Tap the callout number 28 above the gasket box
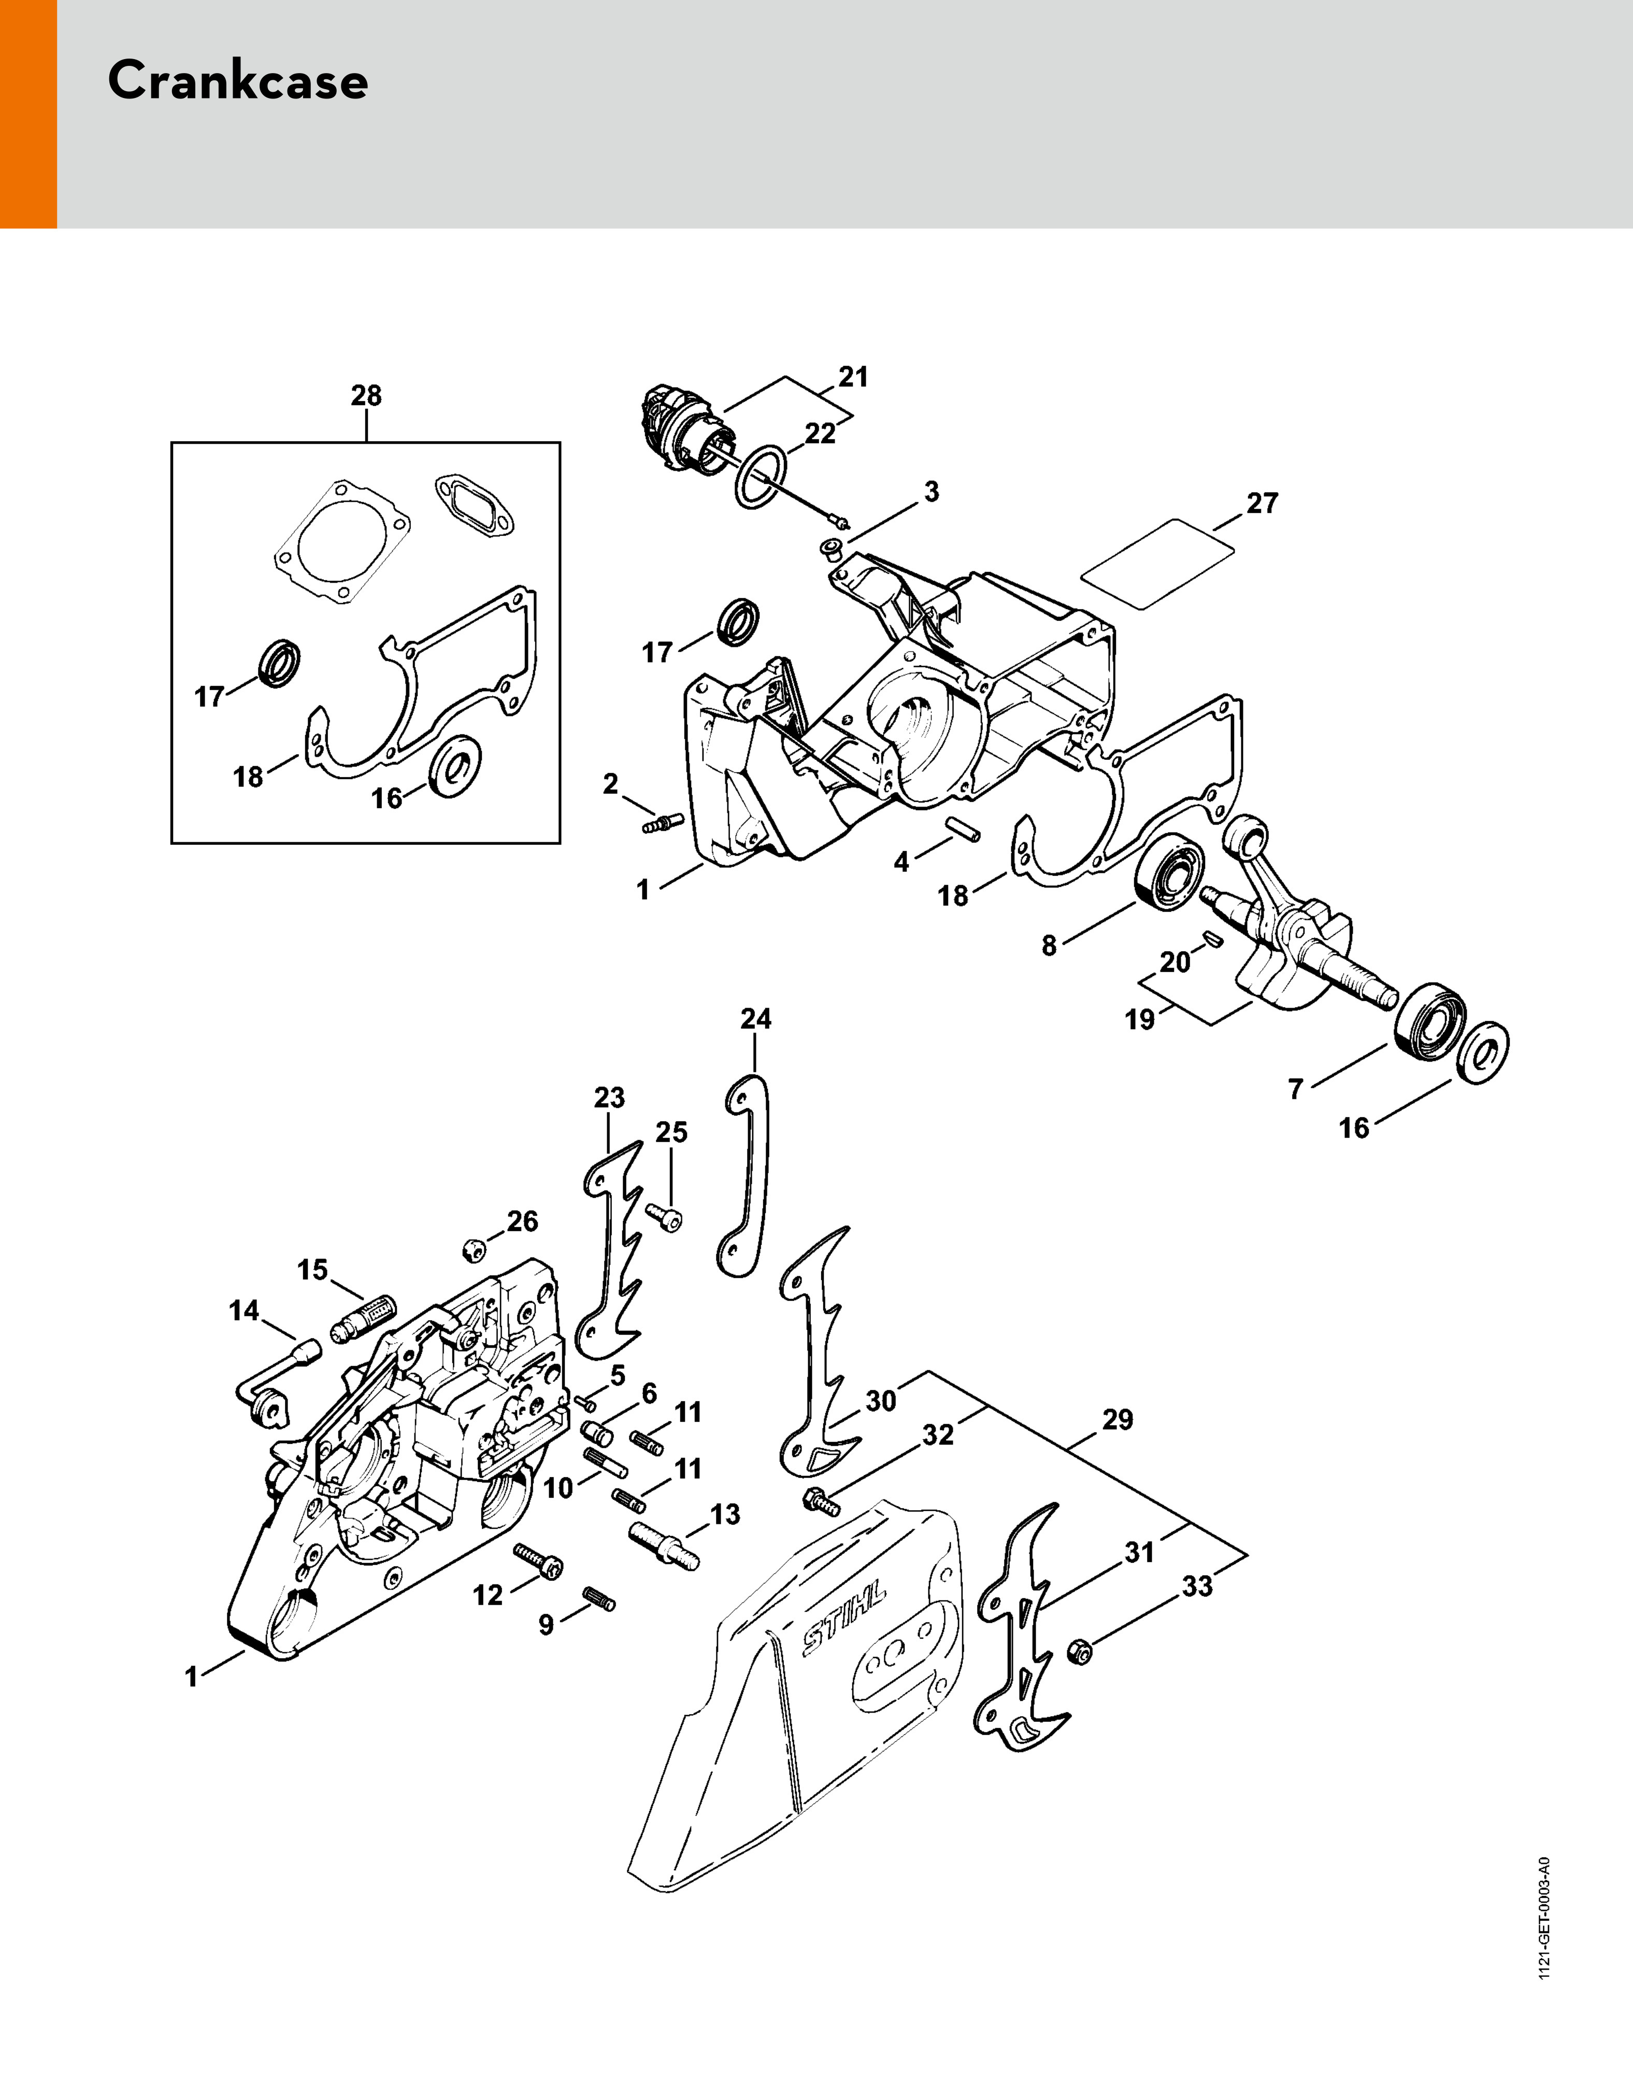click(x=366, y=395)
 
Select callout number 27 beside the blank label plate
click(x=1262, y=503)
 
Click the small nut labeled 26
click(x=471, y=1248)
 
